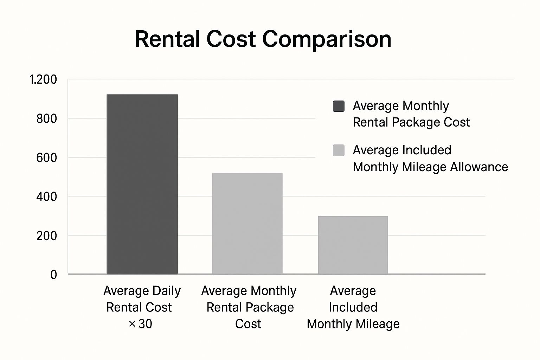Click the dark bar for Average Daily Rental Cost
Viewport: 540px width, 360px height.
142,184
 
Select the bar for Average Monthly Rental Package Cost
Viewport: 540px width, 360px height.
247,223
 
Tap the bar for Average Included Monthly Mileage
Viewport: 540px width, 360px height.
353,245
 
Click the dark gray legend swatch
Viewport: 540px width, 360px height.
339,106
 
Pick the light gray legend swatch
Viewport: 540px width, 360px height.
339,150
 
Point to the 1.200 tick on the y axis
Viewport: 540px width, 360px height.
43,80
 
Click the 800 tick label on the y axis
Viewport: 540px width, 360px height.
46,119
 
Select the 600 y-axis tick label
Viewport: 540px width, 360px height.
46,158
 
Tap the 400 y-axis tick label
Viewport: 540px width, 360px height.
46,197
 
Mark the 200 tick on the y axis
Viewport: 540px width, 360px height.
46,236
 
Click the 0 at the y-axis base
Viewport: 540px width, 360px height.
53,275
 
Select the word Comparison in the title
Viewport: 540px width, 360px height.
327,39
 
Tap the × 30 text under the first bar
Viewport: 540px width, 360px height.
140,324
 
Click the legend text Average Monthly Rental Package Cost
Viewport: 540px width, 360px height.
411,114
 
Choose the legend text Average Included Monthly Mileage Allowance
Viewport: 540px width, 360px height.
430,158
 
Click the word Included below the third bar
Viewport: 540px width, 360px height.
353,307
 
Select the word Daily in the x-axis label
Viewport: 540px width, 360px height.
166,291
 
